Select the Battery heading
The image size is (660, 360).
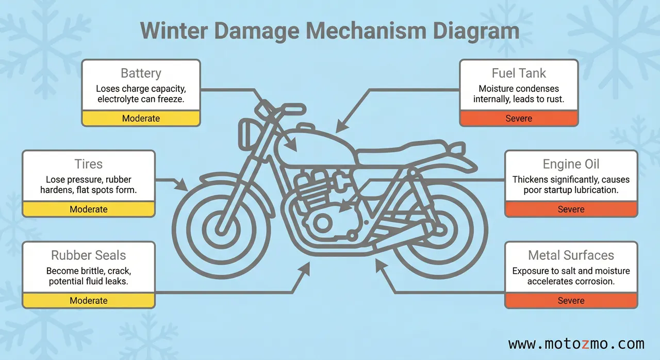pyautogui.click(x=141, y=73)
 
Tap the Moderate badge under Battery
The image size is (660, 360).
pyautogui.click(x=141, y=118)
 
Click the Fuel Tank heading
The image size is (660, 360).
pyautogui.click(x=519, y=73)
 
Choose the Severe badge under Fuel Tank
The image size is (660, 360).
pyautogui.click(x=519, y=118)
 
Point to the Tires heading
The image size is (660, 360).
pyautogui.click(x=89, y=164)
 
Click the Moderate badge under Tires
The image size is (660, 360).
pyautogui.click(x=89, y=209)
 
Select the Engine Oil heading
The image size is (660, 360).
pyautogui.click(x=571, y=164)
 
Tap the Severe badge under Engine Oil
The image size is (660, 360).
pyautogui.click(x=571, y=209)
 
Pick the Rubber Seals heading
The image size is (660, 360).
pyautogui.click(x=89, y=255)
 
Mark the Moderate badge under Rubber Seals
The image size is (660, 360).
pyautogui.click(x=89, y=301)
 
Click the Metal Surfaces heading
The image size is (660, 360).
pyautogui.click(x=571, y=255)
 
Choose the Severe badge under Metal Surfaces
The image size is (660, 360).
pyautogui.click(x=571, y=301)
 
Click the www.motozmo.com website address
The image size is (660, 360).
pyautogui.click(x=576, y=343)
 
